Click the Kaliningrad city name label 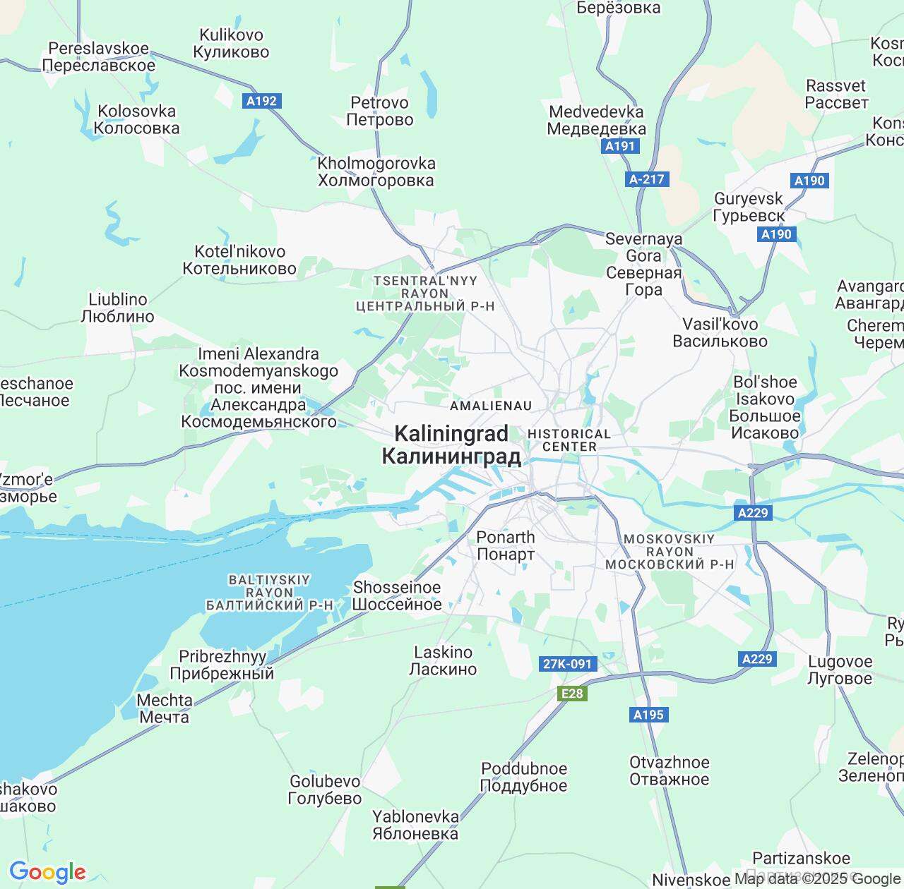point(451,445)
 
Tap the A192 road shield point(261,101)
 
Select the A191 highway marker point(620,146)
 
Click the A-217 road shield point(647,179)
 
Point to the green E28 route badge point(572,694)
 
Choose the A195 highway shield point(648,715)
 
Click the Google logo point(47,872)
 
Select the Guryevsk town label point(749,207)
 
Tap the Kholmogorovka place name point(376,172)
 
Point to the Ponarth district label point(506,545)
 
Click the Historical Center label point(569,440)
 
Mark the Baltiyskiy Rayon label point(269,593)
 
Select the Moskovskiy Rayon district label point(670,552)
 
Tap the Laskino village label point(444,660)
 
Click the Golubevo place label point(325,790)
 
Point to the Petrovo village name point(380,111)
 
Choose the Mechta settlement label point(165,708)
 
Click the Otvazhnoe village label point(669,770)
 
